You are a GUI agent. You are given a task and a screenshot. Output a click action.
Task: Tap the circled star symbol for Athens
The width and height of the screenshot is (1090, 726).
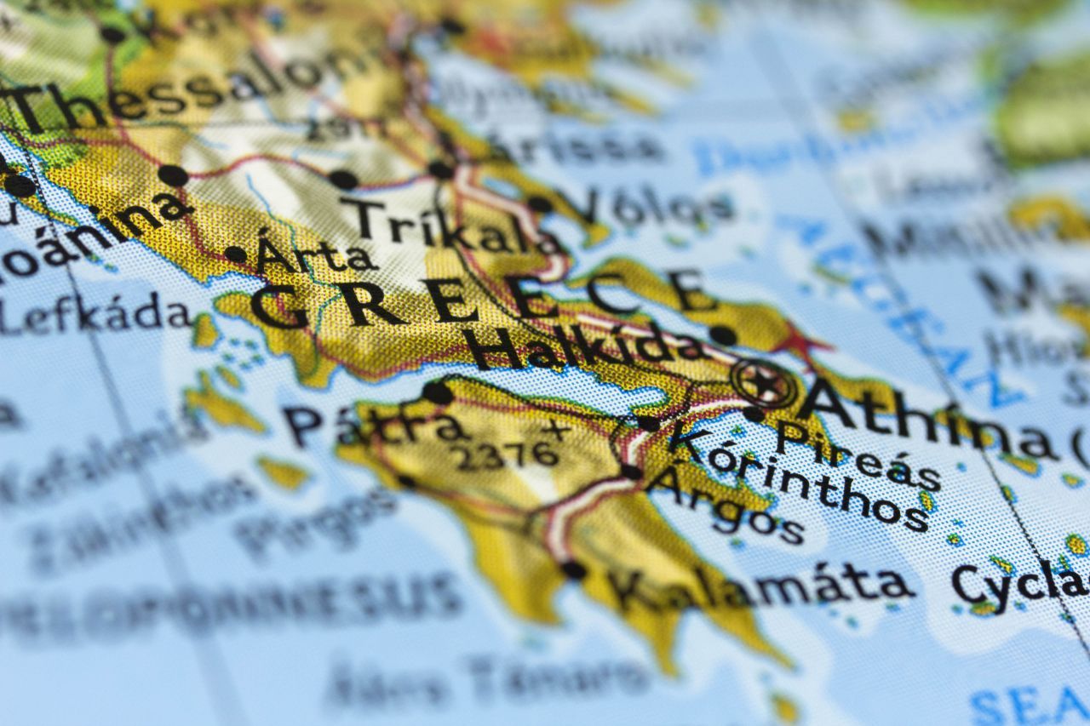pyautogui.click(x=766, y=384)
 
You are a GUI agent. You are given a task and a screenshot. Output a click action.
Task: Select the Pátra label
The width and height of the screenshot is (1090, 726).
pyautogui.click(x=375, y=423)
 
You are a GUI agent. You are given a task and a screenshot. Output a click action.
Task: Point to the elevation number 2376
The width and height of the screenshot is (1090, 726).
pyautogui.click(x=506, y=455)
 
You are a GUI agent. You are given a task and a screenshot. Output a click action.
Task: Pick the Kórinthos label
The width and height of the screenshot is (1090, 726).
pyautogui.click(x=796, y=477)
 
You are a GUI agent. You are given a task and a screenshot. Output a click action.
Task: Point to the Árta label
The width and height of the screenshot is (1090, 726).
pyautogui.click(x=315, y=254)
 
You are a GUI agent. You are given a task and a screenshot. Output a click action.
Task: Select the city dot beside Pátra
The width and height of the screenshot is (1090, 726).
pyautogui.click(x=437, y=392)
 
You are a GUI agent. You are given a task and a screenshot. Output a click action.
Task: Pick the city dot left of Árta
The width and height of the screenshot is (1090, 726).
pyautogui.click(x=235, y=254)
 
